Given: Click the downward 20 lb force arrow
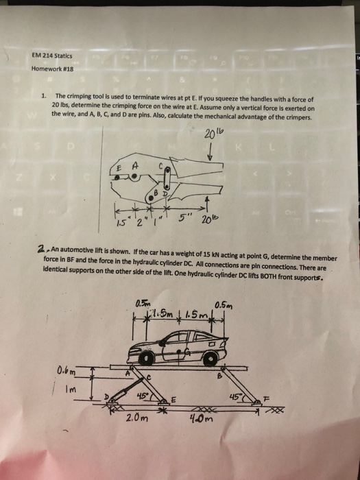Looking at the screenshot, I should (208, 149).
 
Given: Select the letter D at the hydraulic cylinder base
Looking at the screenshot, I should (105, 396).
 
